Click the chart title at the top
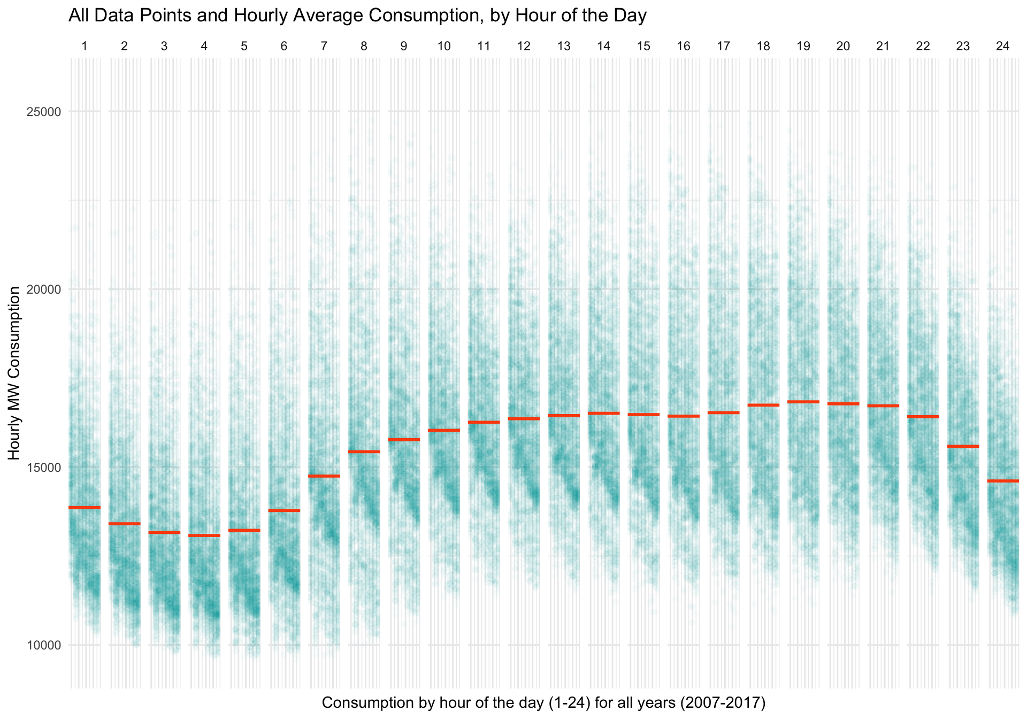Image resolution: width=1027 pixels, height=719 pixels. (x=357, y=16)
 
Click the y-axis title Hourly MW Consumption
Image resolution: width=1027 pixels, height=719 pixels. (x=14, y=373)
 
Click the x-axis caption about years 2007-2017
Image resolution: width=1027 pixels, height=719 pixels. (x=543, y=702)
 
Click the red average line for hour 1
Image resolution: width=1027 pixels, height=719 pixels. (x=85, y=507)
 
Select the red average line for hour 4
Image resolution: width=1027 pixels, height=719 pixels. (x=204, y=536)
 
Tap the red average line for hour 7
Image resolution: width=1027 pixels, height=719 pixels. (x=324, y=476)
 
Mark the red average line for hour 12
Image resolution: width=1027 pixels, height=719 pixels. (x=524, y=419)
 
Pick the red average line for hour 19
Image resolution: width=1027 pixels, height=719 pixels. (x=803, y=402)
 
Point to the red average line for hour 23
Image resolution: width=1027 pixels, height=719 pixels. (x=963, y=446)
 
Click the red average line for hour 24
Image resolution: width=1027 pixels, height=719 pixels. (x=1003, y=481)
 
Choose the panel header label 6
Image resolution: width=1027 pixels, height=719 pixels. (x=284, y=47)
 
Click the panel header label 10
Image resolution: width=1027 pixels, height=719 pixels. (x=444, y=47)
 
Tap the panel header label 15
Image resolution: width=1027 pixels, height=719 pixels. (x=643, y=47)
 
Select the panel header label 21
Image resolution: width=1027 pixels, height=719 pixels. (x=883, y=47)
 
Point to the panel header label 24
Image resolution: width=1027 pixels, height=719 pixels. (x=1003, y=47)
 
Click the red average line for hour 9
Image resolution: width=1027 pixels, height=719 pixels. (x=404, y=440)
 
